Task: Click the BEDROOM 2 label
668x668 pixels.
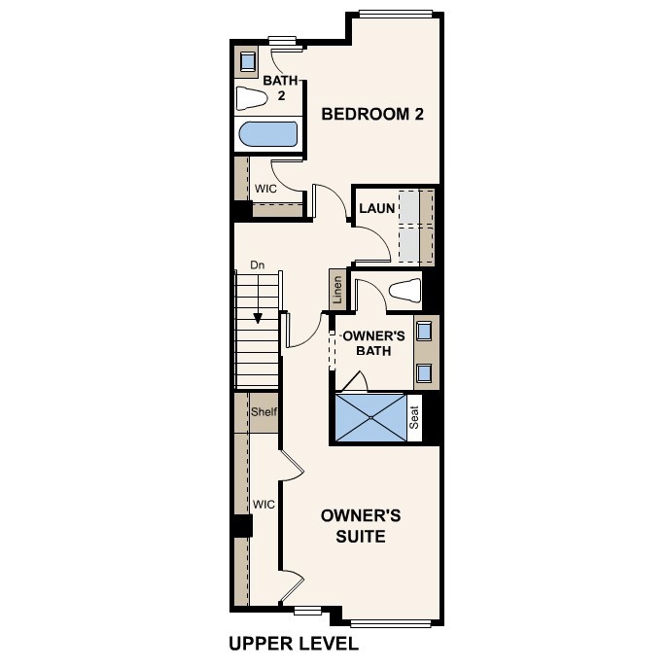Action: coord(372,114)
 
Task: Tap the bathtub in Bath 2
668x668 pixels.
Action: coord(267,134)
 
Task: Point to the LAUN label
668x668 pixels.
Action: coord(375,209)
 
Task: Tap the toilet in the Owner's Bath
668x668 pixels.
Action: coord(404,291)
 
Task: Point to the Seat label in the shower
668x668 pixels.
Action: coord(414,418)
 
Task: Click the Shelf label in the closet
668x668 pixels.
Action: coord(264,412)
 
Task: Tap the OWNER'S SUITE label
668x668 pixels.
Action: coord(361,525)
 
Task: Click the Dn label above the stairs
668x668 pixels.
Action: coord(258,264)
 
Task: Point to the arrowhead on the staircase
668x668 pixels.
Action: coord(258,318)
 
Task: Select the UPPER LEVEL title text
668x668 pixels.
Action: coord(294,644)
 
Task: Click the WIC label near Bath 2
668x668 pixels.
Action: coord(265,189)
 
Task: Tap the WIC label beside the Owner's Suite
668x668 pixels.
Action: coord(264,505)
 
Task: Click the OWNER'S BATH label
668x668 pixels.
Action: coord(373,343)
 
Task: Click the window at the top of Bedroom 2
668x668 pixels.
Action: coord(396,14)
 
